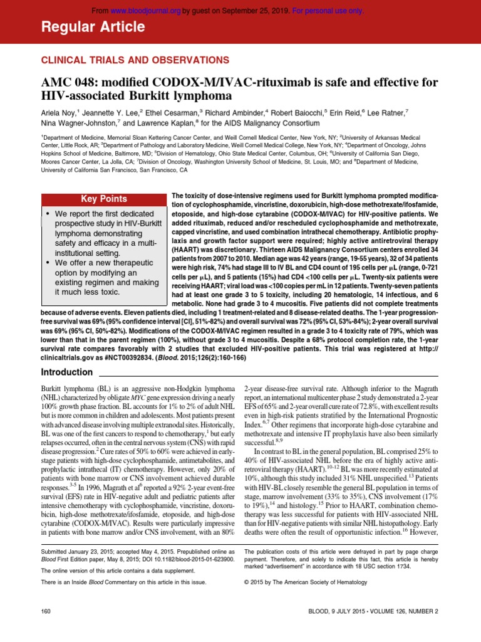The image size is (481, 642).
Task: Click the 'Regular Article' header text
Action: (x=93, y=27)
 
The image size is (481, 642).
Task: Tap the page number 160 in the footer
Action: (x=46, y=611)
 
